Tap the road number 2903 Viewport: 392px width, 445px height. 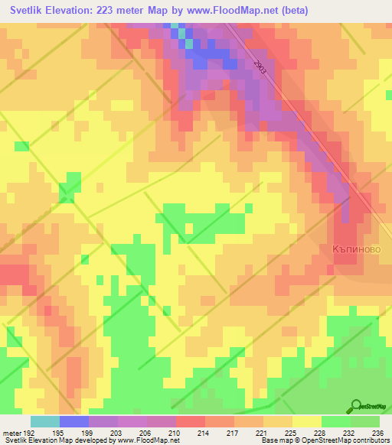pyautogui.click(x=261, y=73)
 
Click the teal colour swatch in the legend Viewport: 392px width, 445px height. pyautogui.click(x=45, y=421)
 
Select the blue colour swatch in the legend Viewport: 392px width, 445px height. pyautogui.click(x=74, y=421)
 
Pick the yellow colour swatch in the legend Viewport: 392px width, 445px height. pyautogui.click(x=307, y=421)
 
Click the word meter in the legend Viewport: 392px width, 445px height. pyautogui.click(x=11, y=434)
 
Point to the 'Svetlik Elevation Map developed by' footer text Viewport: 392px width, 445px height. pyautogui.click(x=54, y=440)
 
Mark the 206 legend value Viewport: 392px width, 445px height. pyautogui.click(x=145, y=434)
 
